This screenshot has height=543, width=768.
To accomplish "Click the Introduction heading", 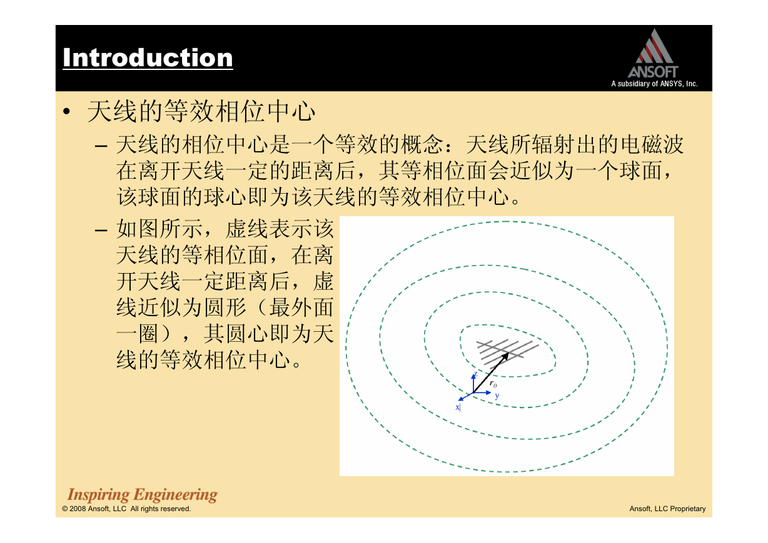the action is coord(148,57).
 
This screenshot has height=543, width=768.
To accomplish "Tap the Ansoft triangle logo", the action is coord(655,46).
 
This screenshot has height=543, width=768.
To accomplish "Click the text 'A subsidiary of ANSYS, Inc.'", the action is coord(654,84).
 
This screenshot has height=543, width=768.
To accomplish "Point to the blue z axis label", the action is coord(475,374).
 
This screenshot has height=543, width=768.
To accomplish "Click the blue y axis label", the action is coord(497,396).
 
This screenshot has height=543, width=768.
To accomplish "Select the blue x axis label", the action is coord(457,407).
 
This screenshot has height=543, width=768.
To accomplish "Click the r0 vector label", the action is coord(493,384).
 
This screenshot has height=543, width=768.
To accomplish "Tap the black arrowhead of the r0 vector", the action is coord(505,356).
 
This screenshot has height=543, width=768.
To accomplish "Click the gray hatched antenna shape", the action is coord(507,353).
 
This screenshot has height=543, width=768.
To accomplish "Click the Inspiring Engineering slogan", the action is coord(143,495).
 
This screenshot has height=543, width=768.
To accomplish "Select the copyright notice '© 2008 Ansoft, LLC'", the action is coord(94,509).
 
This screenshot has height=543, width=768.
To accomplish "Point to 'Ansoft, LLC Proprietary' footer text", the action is coord(667,509).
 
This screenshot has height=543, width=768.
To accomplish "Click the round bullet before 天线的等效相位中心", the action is coord(66,111).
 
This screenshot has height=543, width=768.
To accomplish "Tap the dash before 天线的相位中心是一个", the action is coord(101,147).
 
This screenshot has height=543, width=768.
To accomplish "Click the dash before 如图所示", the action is coord(101,230).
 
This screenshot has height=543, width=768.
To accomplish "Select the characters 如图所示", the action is coord(159,229).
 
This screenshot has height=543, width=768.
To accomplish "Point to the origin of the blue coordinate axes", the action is coord(473,392).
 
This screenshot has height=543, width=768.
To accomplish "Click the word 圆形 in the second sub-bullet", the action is coord(225,307).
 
